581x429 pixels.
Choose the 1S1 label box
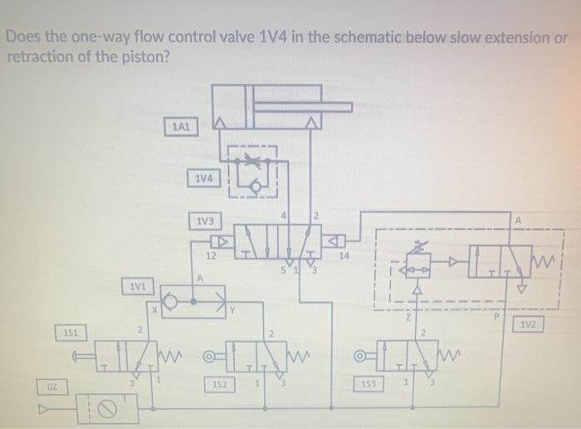[x=72, y=332]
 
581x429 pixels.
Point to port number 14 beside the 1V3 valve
[x=344, y=256]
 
